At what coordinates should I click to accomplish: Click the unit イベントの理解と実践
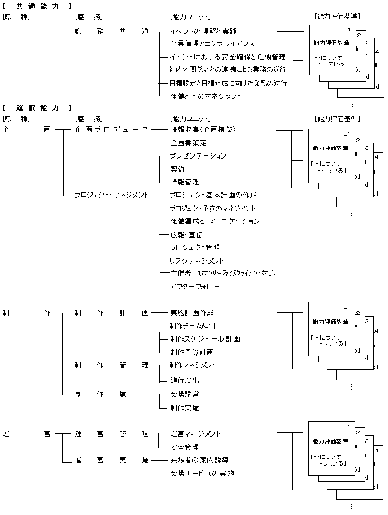coord(203,32)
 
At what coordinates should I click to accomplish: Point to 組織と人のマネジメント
coord(205,96)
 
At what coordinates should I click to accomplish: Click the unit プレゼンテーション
coord(198,156)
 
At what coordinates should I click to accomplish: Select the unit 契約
coord(177,169)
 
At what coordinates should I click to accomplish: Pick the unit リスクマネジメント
coord(196,260)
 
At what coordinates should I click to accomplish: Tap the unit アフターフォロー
coord(194,287)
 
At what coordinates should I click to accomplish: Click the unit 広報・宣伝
coord(186,234)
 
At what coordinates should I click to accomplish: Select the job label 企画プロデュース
coord(111,130)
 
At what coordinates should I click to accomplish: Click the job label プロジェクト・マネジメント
coord(111,195)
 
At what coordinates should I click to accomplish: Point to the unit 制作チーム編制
coord(193,326)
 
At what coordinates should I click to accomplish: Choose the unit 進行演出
coord(184,380)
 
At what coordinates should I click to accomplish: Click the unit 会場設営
coord(184,394)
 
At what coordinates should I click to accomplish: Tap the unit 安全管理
coord(184,447)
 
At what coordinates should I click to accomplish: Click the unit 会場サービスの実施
coord(202,474)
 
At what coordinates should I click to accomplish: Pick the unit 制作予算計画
coord(193,352)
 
